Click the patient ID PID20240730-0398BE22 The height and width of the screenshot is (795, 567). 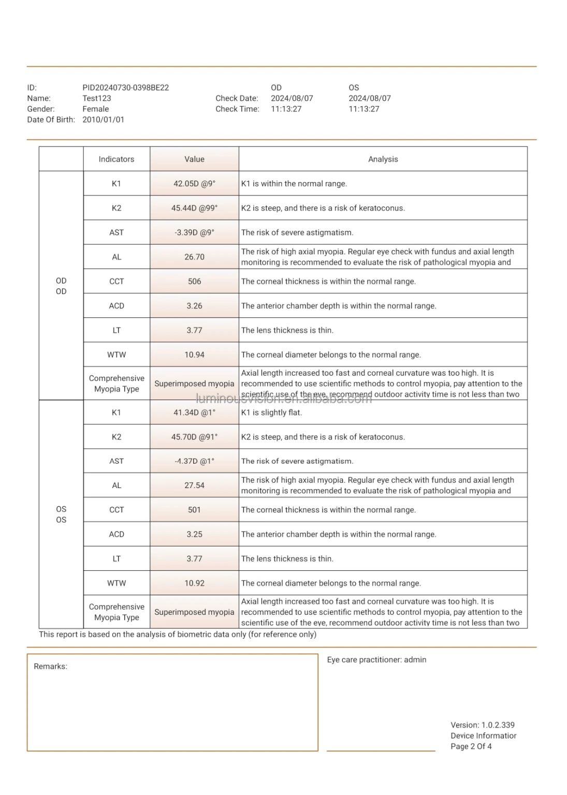pos(125,87)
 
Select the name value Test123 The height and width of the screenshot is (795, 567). pos(97,98)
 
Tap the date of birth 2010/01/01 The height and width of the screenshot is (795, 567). pos(103,120)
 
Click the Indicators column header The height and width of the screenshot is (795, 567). pos(117,159)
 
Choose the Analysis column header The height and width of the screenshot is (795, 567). pos(383,159)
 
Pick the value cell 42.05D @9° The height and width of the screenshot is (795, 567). pos(194,184)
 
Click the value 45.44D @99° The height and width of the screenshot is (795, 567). pos(194,208)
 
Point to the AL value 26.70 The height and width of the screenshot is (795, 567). pos(194,257)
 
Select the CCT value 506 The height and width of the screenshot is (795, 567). pos(194,282)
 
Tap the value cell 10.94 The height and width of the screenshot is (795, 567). pos(194,355)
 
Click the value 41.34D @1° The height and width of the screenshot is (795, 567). pos(194,413)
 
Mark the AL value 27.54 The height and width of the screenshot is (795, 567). pos(194,485)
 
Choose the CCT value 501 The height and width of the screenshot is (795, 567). pos(194,510)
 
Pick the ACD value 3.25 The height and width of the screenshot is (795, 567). pos(194,534)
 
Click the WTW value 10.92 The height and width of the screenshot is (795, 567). pos(194,583)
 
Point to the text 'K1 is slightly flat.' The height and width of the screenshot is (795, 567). pos(271,413)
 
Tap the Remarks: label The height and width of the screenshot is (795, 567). pos(51,667)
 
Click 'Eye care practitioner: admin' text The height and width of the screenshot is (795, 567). pos(376,660)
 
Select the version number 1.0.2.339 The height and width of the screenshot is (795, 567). pos(498,725)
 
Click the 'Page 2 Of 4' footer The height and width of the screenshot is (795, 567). pos(471,746)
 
